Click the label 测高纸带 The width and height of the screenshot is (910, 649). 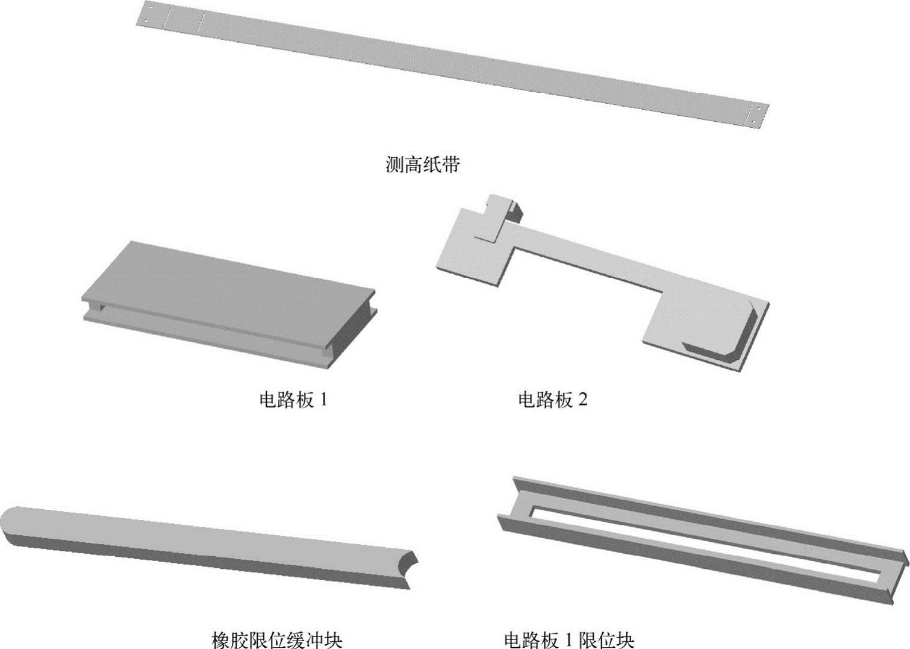pos(422,165)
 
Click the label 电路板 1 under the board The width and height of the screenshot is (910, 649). pos(293,400)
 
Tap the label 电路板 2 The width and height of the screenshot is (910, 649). pos(552,400)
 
